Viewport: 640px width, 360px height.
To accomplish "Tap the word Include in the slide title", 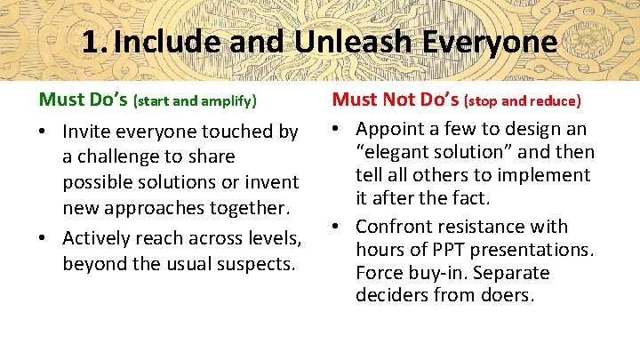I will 164,41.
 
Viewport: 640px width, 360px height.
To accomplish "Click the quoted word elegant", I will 395,152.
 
